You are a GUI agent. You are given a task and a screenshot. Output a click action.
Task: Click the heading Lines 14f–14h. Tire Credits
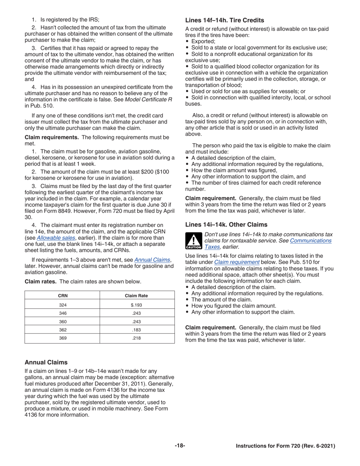coord(225,20)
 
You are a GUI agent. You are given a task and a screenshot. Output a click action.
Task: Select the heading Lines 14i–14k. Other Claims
coord(226,225)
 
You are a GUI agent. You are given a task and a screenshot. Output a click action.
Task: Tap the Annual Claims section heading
coord(46,362)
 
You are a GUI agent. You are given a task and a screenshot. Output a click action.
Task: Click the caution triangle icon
coord(193,241)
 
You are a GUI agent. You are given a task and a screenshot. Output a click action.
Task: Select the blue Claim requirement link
coord(237,262)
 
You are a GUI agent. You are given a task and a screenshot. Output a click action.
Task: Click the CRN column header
coord(63,296)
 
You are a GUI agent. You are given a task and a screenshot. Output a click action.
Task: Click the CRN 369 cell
coord(63,338)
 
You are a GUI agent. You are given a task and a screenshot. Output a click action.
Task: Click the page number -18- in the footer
coord(180,446)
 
